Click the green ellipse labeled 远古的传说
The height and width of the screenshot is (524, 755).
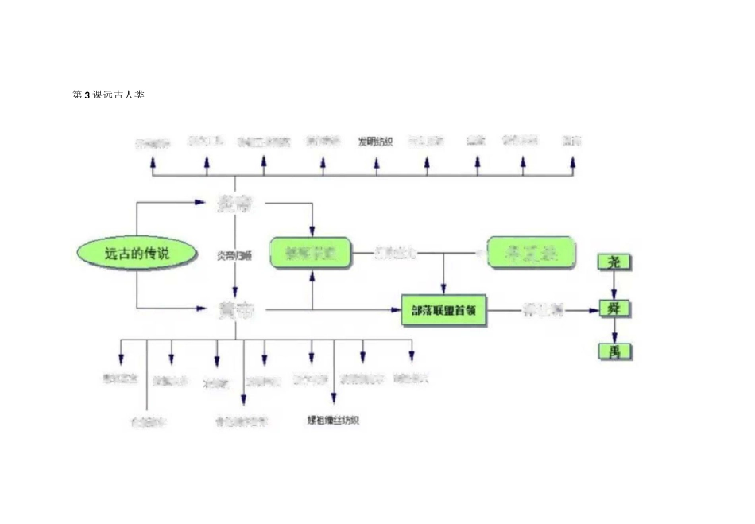pos(137,254)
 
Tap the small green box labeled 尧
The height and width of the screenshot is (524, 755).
pos(614,262)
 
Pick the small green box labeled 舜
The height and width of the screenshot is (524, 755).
pos(614,308)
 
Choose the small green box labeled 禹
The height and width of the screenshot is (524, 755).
pos(614,351)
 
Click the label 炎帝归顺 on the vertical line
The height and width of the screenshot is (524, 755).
pos(235,256)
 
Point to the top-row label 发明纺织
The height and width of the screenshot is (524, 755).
pos(374,142)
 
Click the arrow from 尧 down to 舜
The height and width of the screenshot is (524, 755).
pos(614,285)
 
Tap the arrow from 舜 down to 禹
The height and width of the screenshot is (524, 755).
pos(614,329)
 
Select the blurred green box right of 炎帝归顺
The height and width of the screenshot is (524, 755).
pos(310,253)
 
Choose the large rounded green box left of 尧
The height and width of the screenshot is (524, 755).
pos(531,253)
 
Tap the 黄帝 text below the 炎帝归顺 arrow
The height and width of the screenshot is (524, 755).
pos(236,311)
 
